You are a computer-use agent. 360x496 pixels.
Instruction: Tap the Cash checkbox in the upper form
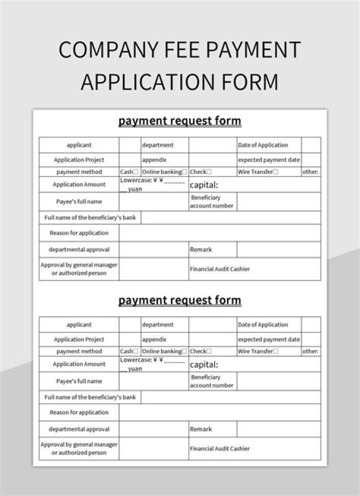pos(136,171)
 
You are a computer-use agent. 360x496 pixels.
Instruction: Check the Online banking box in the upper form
pos(184,171)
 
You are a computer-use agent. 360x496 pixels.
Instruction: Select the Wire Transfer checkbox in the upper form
pos(275,171)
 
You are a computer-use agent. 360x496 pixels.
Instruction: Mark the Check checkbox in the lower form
pos(209,351)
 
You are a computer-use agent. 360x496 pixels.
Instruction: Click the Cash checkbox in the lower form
pos(136,351)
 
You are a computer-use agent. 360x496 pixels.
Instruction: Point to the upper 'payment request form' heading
pos(179,121)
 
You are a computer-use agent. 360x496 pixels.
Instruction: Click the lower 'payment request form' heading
pos(179,300)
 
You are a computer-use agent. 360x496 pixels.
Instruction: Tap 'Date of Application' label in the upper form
pos(263,145)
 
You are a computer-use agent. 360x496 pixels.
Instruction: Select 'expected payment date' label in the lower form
pos(269,339)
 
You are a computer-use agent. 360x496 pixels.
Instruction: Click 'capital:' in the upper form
pos(204,185)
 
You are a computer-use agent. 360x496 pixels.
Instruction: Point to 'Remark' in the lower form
pos(200,429)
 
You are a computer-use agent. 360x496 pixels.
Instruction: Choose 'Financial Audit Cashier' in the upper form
pos(219,269)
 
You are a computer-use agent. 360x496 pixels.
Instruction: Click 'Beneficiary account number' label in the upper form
pos(211,201)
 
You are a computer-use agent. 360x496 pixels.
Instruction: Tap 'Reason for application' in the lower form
pos(79,412)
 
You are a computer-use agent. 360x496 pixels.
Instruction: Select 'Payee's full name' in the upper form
pos(79,201)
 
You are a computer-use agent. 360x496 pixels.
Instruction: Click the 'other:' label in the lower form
pos(310,351)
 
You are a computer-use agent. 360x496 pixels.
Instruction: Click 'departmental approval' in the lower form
pos(79,429)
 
